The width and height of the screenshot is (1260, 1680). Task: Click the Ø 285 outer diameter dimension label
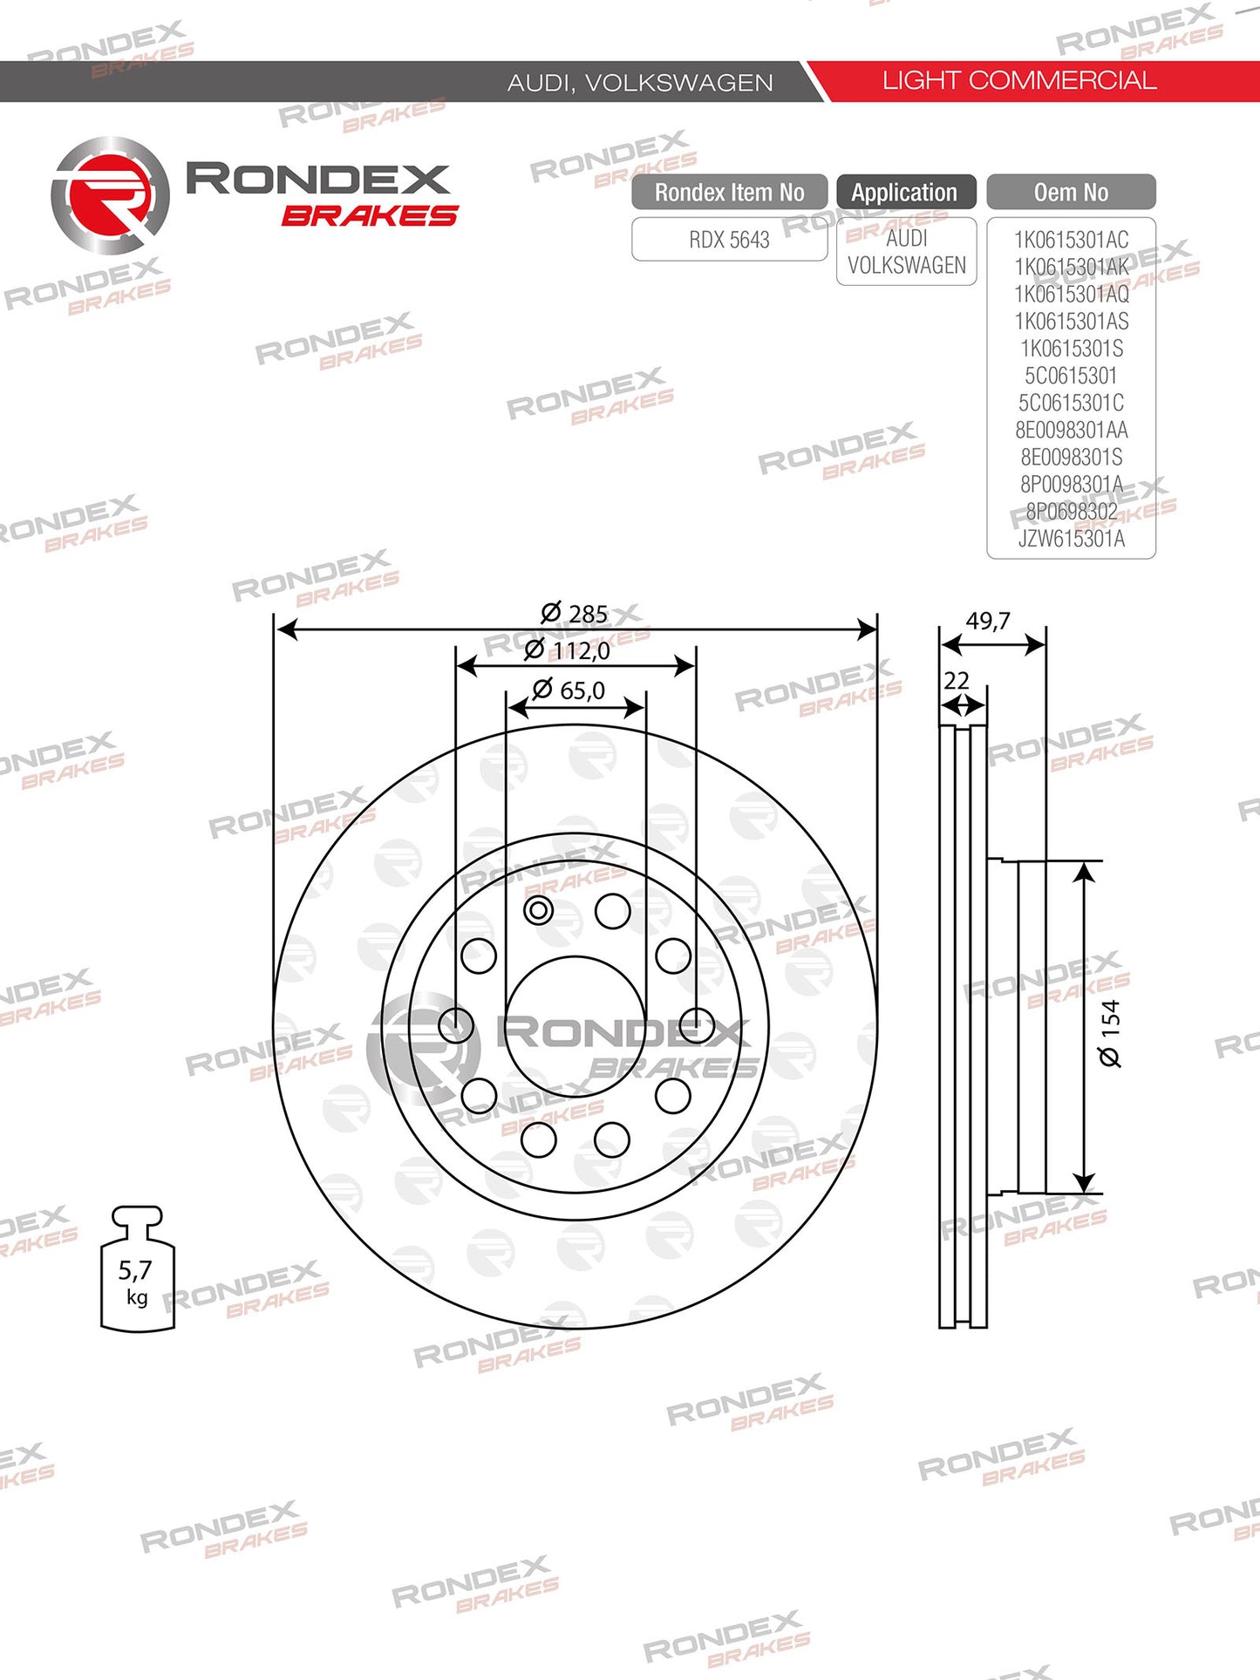coord(575,614)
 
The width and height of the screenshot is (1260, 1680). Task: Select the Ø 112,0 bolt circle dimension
coord(567,650)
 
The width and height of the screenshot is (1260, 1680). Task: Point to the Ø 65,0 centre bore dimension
coord(569,690)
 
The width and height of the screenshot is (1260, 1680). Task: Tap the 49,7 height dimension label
coord(988,621)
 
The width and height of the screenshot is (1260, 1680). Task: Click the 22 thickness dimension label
coord(957,680)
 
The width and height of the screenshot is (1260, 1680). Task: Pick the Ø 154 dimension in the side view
coord(1110,1033)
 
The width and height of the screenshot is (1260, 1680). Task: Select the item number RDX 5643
coord(729,240)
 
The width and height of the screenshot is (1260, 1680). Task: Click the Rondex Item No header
coord(730,192)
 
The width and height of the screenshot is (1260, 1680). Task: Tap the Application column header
coord(905,192)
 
